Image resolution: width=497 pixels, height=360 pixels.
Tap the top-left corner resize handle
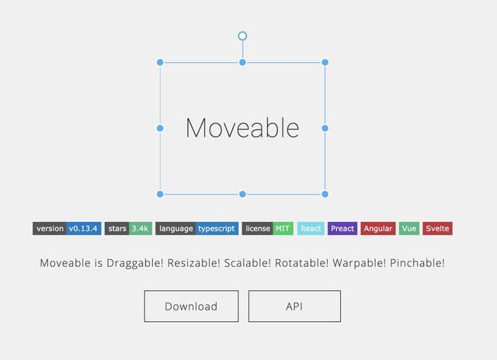click(x=160, y=62)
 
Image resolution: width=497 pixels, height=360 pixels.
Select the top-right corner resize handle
click(x=325, y=62)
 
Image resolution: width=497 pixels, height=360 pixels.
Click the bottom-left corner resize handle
click(x=160, y=194)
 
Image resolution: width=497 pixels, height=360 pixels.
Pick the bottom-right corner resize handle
click(x=325, y=194)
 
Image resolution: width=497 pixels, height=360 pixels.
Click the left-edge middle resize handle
click(x=160, y=128)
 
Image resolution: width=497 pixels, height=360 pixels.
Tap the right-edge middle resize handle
click(x=325, y=128)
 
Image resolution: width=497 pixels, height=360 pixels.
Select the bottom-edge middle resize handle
click(x=242, y=194)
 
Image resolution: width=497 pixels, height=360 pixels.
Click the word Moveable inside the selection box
click(x=242, y=128)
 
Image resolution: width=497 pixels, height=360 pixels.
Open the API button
click(x=294, y=306)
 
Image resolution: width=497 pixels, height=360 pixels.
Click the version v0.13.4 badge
click(x=67, y=228)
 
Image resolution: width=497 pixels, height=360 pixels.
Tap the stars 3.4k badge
click(x=128, y=228)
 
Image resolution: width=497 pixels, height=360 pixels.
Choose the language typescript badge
click(x=196, y=228)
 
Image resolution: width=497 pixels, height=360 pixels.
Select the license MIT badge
click(x=267, y=228)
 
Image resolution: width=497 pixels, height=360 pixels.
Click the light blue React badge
click(x=311, y=228)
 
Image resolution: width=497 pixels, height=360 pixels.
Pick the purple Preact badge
click(x=342, y=228)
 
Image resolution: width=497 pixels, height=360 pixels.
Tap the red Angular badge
click(x=378, y=228)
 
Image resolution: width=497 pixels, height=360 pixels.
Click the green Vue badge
click(x=409, y=228)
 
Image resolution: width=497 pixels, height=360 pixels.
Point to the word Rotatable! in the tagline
click(x=302, y=263)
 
